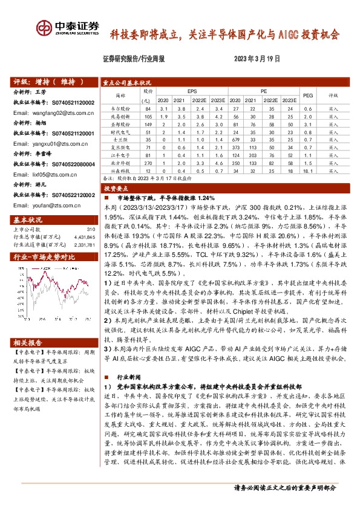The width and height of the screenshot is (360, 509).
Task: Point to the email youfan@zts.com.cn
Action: coord(48,206)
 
